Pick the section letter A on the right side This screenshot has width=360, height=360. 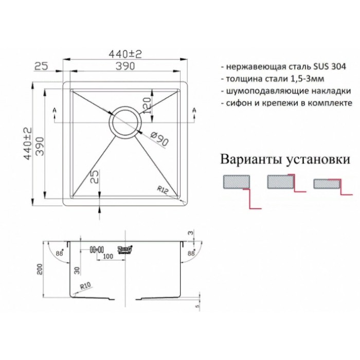point(194,110)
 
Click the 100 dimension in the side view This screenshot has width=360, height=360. point(107,256)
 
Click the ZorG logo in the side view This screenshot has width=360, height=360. point(125,248)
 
